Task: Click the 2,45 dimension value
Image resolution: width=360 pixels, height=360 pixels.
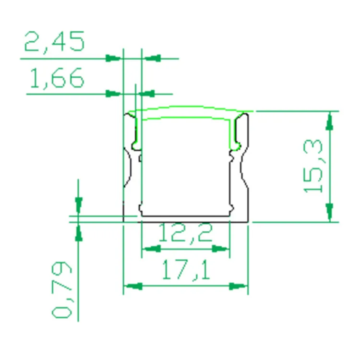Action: (x=55, y=41)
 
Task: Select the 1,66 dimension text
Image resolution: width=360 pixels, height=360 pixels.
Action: (x=57, y=78)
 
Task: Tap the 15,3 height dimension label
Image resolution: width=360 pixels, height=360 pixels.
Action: (x=313, y=166)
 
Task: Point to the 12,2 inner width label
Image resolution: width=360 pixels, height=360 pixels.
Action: (x=185, y=233)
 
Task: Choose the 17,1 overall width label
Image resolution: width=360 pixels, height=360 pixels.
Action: (x=186, y=270)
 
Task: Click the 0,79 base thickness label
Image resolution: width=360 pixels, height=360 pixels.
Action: (x=61, y=290)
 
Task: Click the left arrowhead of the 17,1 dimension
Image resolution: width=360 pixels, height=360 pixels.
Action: (x=133, y=286)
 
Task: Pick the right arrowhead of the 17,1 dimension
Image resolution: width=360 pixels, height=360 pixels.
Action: (x=239, y=286)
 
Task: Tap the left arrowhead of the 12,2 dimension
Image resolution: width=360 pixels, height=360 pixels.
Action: (x=151, y=249)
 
